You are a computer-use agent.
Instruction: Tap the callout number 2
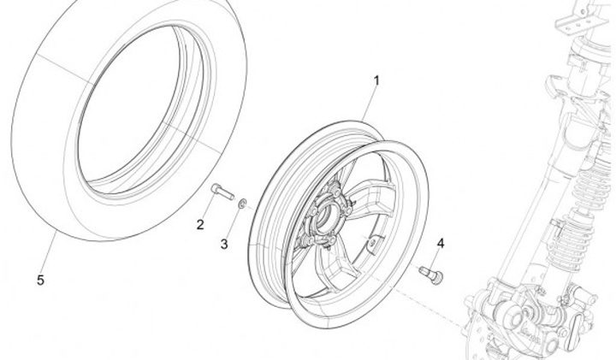200,225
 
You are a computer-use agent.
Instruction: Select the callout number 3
224,244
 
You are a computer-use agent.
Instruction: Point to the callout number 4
441,244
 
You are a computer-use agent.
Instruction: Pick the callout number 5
39,280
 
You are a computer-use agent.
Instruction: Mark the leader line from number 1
367,108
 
